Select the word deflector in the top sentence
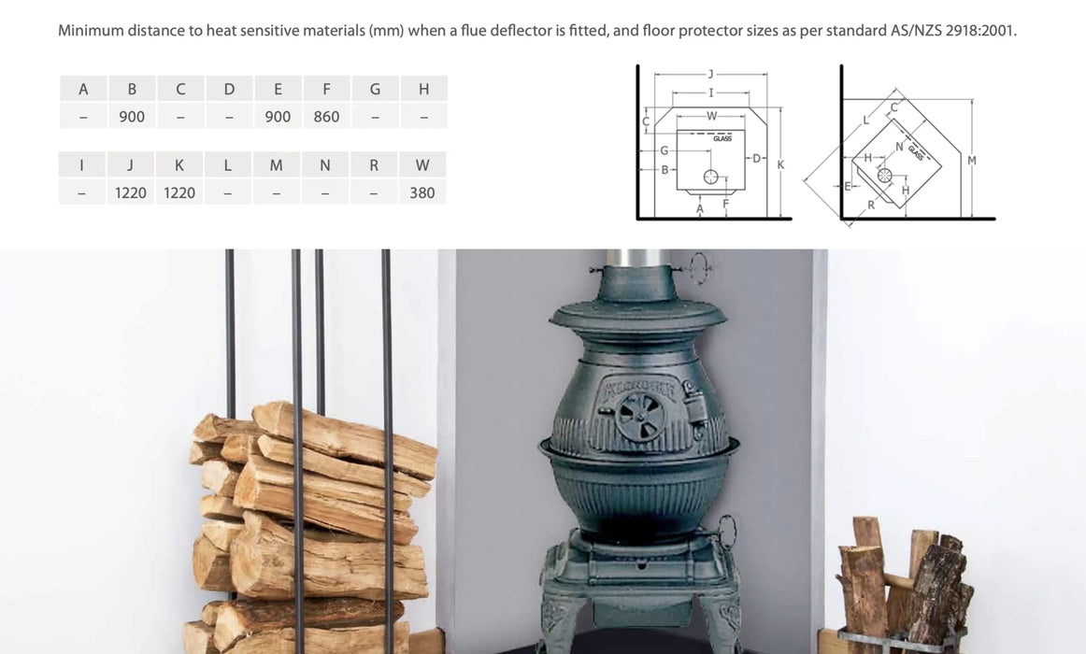[x=521, y=31]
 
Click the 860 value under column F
[x=326, y=117]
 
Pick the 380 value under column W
[x=422, y=193]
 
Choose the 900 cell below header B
[x=132, y=117]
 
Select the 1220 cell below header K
[x=179, y=193]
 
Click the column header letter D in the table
[x=229, y=90]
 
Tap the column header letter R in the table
[x=374, y=165]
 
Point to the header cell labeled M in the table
[x=277, y=165]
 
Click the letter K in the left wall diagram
[x=780, y=164]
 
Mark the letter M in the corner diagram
[x=972, y=161]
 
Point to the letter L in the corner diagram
[x=865, y=121]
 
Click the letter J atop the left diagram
[x=710, y=74]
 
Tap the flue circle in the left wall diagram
[x=710, y=178]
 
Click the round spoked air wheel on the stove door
[x=640, y=417]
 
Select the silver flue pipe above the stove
[x=638, y=258]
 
